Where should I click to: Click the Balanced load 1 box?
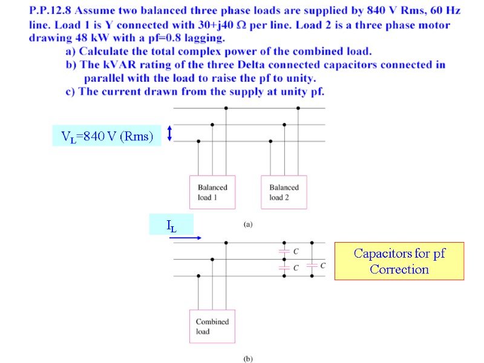pyautogui.click(x=212, y=192)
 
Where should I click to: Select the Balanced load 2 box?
pyautogui.click(x=284, y=192)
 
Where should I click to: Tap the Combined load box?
pyautogui.click(x=212, y=327)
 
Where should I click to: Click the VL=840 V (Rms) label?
pyautogui.click(x=107, y=136)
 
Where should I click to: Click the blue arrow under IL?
pyautogui.click(x=185, y=238)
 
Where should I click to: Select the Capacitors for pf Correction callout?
pyautogui.click(x=399, y=261)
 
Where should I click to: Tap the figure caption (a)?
pyautogui.click(x=248, y=224)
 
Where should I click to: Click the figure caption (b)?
pyautogui.click(x=248, y=358)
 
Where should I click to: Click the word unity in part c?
pyautogui.click(x=290, y=91)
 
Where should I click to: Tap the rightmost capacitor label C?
pyautogui.click(x=323, y=265)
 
